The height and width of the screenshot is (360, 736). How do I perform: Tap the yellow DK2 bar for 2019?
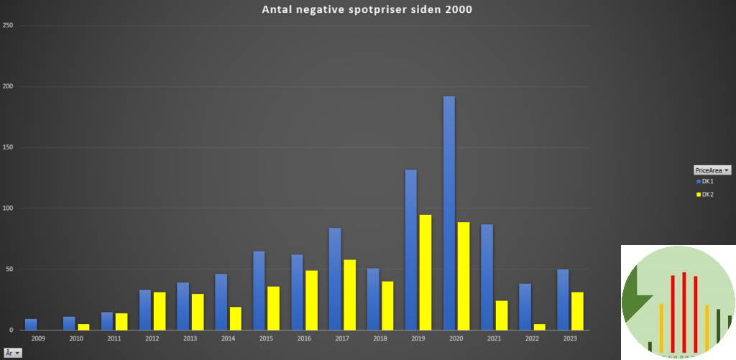[425, 272]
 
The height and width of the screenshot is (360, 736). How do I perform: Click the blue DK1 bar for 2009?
[31, 324]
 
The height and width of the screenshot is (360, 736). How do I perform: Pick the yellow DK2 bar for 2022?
[540, 327]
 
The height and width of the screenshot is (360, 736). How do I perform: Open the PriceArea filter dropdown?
[712, 170]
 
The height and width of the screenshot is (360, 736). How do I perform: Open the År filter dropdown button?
[13, 353]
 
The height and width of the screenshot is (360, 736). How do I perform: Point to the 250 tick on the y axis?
[9, 26]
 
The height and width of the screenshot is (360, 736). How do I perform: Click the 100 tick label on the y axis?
[9, 208]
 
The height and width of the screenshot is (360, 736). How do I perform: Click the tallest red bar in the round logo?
[684, 313]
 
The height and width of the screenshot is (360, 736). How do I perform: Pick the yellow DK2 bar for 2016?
[311, 300]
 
